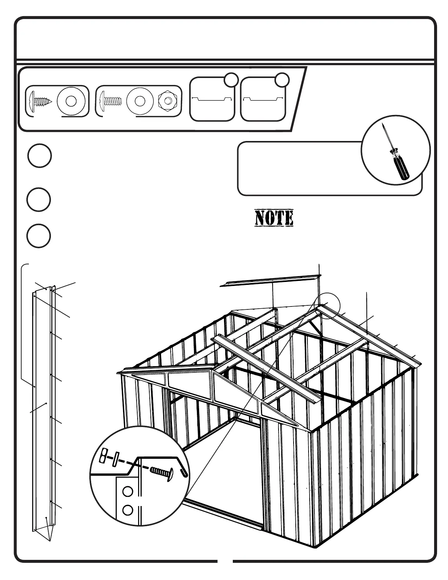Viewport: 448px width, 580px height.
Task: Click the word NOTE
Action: pyautogui.click(x=274, y=218)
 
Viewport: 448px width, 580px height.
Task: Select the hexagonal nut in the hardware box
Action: pyautogui.click(x=168, y=101)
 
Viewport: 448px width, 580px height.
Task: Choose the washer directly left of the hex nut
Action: pyautogui.click(x=140, y=101)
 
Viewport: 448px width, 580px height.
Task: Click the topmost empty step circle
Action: pyautogui.click(x=39, y=156)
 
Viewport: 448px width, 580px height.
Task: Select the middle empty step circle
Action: pyautogui.click(x=38, y=200)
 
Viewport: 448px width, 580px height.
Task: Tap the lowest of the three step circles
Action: pyautogui.click(x=38, y=235)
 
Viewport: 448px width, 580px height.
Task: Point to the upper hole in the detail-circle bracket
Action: pyautogui.click(x=127, y=492)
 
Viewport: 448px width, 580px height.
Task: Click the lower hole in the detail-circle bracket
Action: pyautogui.click(x=127, y=509)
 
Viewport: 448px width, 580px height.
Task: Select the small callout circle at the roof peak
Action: pyautogui.click(x=326, y=306)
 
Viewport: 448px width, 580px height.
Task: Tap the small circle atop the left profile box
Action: pyautogui.click(x=231, y=80)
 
